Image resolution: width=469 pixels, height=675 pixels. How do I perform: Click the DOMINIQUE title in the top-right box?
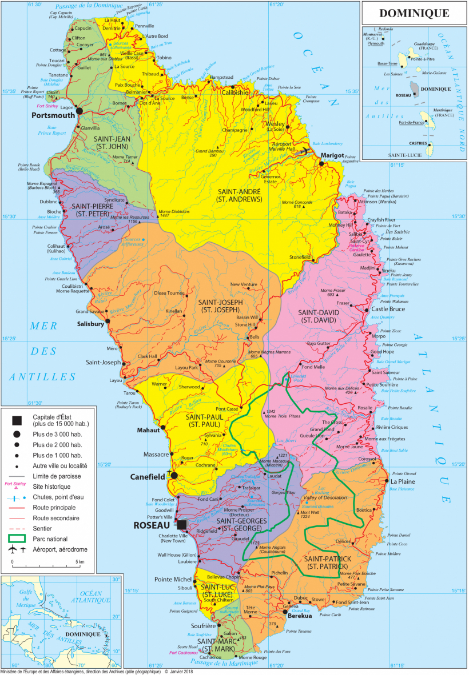click(415, 13)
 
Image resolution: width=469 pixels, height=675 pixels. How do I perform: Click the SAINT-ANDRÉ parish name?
click(240, 191)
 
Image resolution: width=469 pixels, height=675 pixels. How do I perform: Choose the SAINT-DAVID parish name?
click(319, 312)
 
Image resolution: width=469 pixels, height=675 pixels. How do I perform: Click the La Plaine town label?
click(403, 481)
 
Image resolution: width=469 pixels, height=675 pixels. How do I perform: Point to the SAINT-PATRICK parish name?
click(327, 562)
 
